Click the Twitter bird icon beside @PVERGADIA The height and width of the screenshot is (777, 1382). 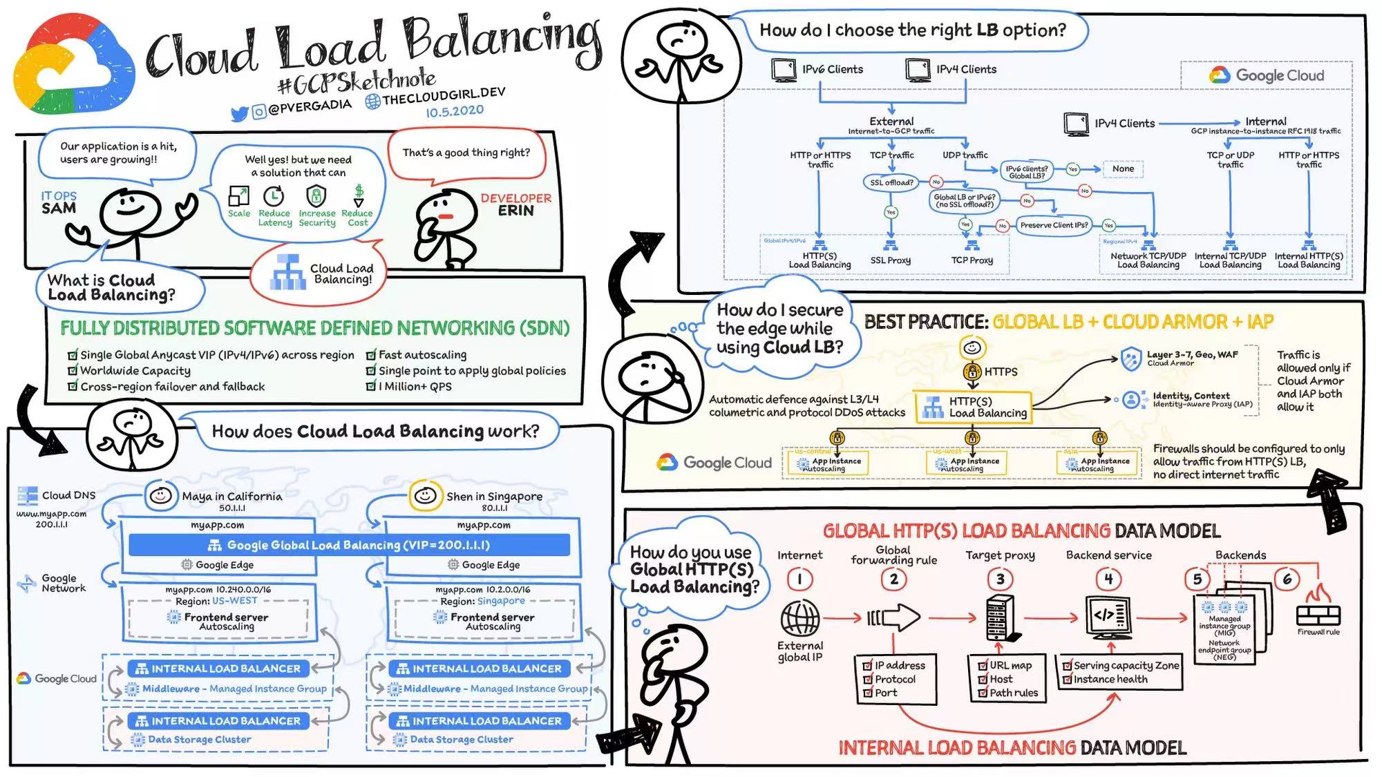[239, 114]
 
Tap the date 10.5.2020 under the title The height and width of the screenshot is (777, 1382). [454, 111]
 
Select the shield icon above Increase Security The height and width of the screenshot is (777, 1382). [316, 196]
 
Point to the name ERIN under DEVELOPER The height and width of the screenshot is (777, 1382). [515, 211]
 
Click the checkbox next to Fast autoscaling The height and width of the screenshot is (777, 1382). [371, 355]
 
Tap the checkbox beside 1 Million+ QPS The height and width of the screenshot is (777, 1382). [371, 386]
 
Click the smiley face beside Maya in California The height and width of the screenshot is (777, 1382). [160, 495]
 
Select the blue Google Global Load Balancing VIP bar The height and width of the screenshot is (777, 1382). [349, 545]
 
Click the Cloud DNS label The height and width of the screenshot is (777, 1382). [68, 495]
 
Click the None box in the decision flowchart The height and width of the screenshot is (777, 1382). [1123, 169]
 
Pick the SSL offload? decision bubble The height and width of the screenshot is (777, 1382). [891, 182]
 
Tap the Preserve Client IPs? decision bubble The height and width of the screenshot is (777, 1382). [1054, 225]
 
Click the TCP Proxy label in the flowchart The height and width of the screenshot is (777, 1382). [972, 260]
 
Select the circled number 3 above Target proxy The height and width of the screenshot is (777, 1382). [1000, 579]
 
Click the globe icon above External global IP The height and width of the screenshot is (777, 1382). [799, 617]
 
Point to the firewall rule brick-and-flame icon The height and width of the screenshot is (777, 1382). [1318, 608]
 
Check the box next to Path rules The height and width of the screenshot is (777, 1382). [983, 693]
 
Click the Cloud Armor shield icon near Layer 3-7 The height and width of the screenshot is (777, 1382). [1130, 359]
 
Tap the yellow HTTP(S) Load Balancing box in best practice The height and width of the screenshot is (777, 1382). [974, 407]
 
